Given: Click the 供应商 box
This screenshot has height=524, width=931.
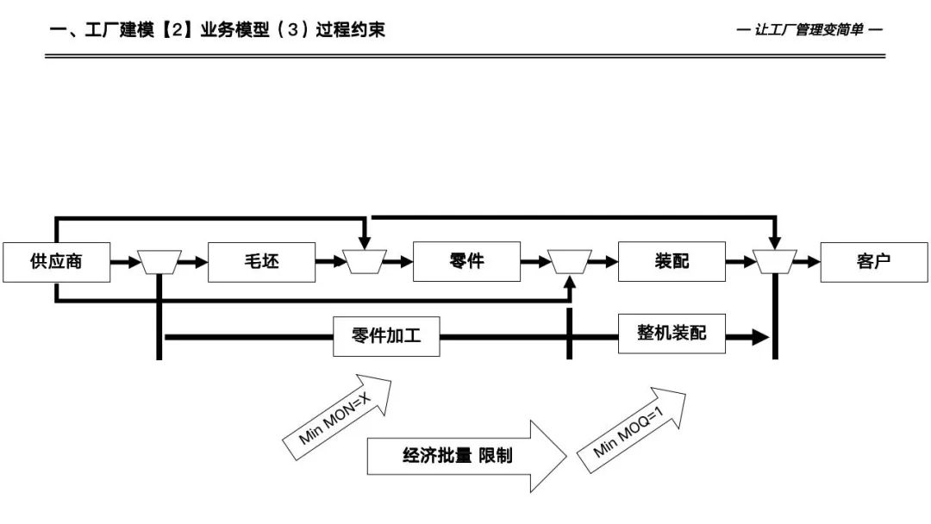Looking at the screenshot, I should [x=57, y=262].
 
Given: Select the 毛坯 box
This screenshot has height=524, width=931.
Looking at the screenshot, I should [x=261, y=262].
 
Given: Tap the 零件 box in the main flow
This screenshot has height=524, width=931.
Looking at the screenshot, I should [x=466, y=262].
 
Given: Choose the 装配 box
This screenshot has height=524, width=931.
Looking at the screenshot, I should [x=672, y=262].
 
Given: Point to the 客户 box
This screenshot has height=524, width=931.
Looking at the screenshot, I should [x=874, y=262].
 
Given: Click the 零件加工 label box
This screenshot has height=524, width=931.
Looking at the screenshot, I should [x=386, y=336].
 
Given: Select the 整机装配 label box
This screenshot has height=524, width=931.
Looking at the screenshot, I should [x=672, y=333].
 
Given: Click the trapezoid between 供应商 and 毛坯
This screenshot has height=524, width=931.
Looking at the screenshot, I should [x=159, y=262].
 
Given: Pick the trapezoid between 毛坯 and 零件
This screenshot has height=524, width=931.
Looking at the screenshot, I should [x=365, y=262].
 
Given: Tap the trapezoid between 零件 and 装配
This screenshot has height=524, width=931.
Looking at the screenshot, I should [x=569, y=262].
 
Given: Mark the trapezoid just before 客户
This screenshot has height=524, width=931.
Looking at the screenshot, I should [x=775, y=262].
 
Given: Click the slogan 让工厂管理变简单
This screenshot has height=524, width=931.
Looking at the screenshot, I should [x=809, y=30].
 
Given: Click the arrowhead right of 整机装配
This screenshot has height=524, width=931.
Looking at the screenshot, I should [x=759, y=337].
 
